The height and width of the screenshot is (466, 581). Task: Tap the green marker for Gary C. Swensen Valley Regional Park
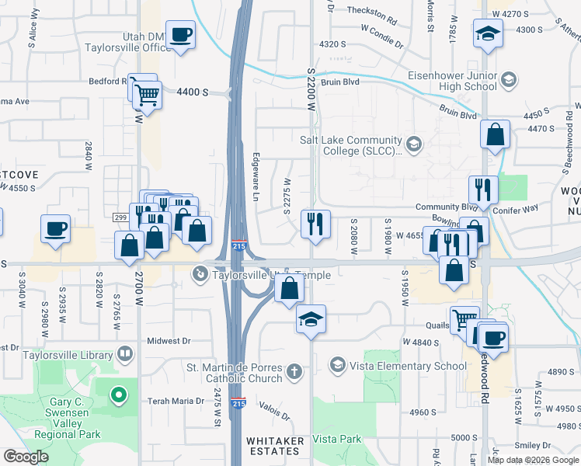(x=118, y=396)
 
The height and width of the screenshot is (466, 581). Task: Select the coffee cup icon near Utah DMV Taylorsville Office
(x=181, y=35)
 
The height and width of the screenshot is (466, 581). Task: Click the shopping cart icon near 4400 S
(x=147, y=96)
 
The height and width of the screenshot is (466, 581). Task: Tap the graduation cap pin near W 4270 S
(x=489, y=34)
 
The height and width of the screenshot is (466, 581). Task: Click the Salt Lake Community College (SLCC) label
(x=352, y=145)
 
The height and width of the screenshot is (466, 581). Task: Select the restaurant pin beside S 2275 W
(x=315, y=224)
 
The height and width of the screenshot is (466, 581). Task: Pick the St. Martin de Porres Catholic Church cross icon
(x=294, y=371)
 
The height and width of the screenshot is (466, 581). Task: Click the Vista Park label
(x=337, y=439)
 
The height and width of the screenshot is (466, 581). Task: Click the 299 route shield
(x=120, y=217)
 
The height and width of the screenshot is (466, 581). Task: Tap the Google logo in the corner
(x=26, y=457)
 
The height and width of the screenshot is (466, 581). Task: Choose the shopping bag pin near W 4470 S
(x=495, y=135)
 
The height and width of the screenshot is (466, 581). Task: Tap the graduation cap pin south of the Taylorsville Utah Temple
(x=311, y=319)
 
